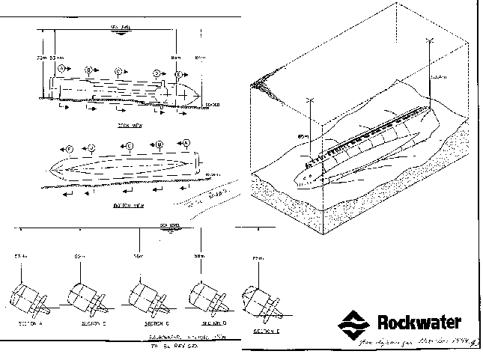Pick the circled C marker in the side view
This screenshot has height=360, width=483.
(x=118, y=72)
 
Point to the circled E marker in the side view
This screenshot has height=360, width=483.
(x=178, y=74)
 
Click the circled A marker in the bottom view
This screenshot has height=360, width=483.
(x=186, y=142)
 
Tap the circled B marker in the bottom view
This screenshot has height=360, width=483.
(x=160, y=144)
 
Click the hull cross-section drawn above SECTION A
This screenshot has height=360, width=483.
(x=28, y=295)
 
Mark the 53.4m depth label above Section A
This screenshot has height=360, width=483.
(x=20, y=257)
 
